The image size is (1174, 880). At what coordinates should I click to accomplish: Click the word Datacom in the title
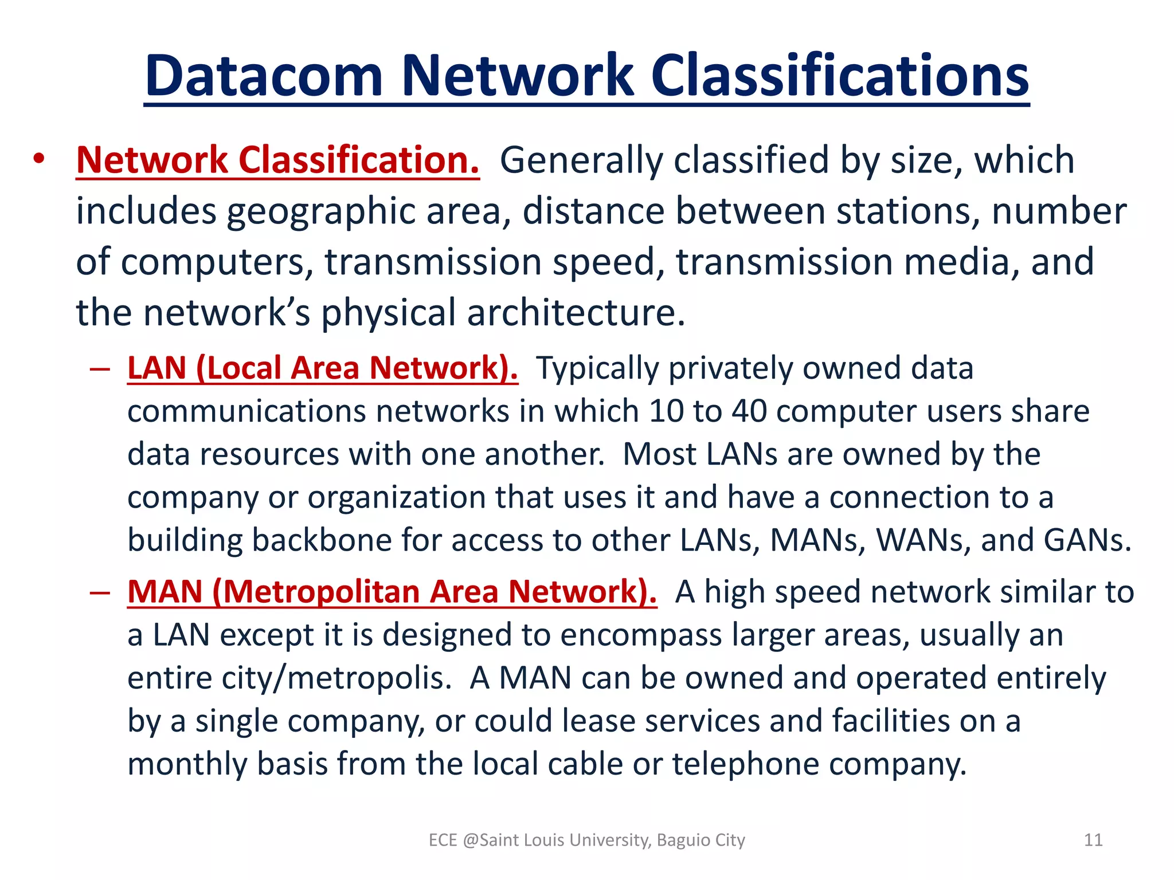click(x=264, y=76)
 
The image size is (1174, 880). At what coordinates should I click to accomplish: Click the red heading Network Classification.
click(x=277, y=160)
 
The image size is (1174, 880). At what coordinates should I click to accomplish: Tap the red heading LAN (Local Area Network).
click(x=323, y=368)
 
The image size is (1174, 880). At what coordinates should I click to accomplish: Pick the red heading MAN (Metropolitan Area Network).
click(x=392, y=591)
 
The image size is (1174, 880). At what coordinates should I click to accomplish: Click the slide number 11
click(x=1093, y=840)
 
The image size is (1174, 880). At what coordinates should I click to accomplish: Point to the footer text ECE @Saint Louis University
click(x=587, y=840)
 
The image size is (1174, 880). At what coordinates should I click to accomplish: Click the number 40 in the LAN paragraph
click(x=749, y=411)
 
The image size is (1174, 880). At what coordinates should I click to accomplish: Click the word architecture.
click(x=576, y=313)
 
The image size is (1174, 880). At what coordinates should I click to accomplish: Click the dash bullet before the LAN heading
click(x=100, y=369)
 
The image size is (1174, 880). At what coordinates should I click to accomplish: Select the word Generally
click(x=581, y=160)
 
